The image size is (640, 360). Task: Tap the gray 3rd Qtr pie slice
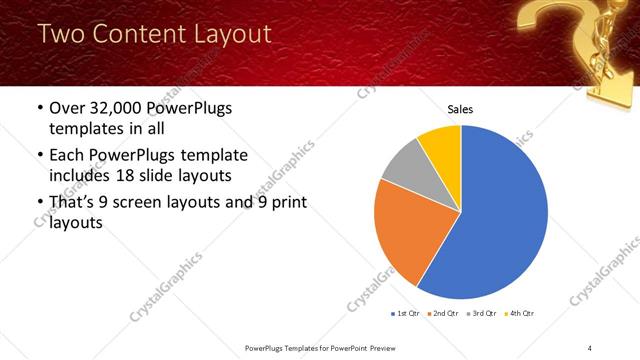[404, 165]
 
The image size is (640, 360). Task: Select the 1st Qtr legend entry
[407, 313]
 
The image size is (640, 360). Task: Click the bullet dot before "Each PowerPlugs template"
[40, 155]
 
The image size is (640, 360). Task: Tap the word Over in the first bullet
[66, 108]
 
